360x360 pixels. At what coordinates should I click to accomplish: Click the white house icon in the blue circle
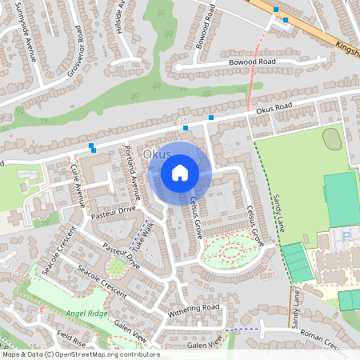click(180, 172)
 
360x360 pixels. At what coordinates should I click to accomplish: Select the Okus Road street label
click(276, 107)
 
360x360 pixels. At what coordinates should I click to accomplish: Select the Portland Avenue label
click(131, 168)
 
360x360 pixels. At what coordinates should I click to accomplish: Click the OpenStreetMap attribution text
click(80, 354)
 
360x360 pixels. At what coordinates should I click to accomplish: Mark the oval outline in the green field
click(332, 138)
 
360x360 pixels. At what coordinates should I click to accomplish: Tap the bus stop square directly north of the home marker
click(186, 128)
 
